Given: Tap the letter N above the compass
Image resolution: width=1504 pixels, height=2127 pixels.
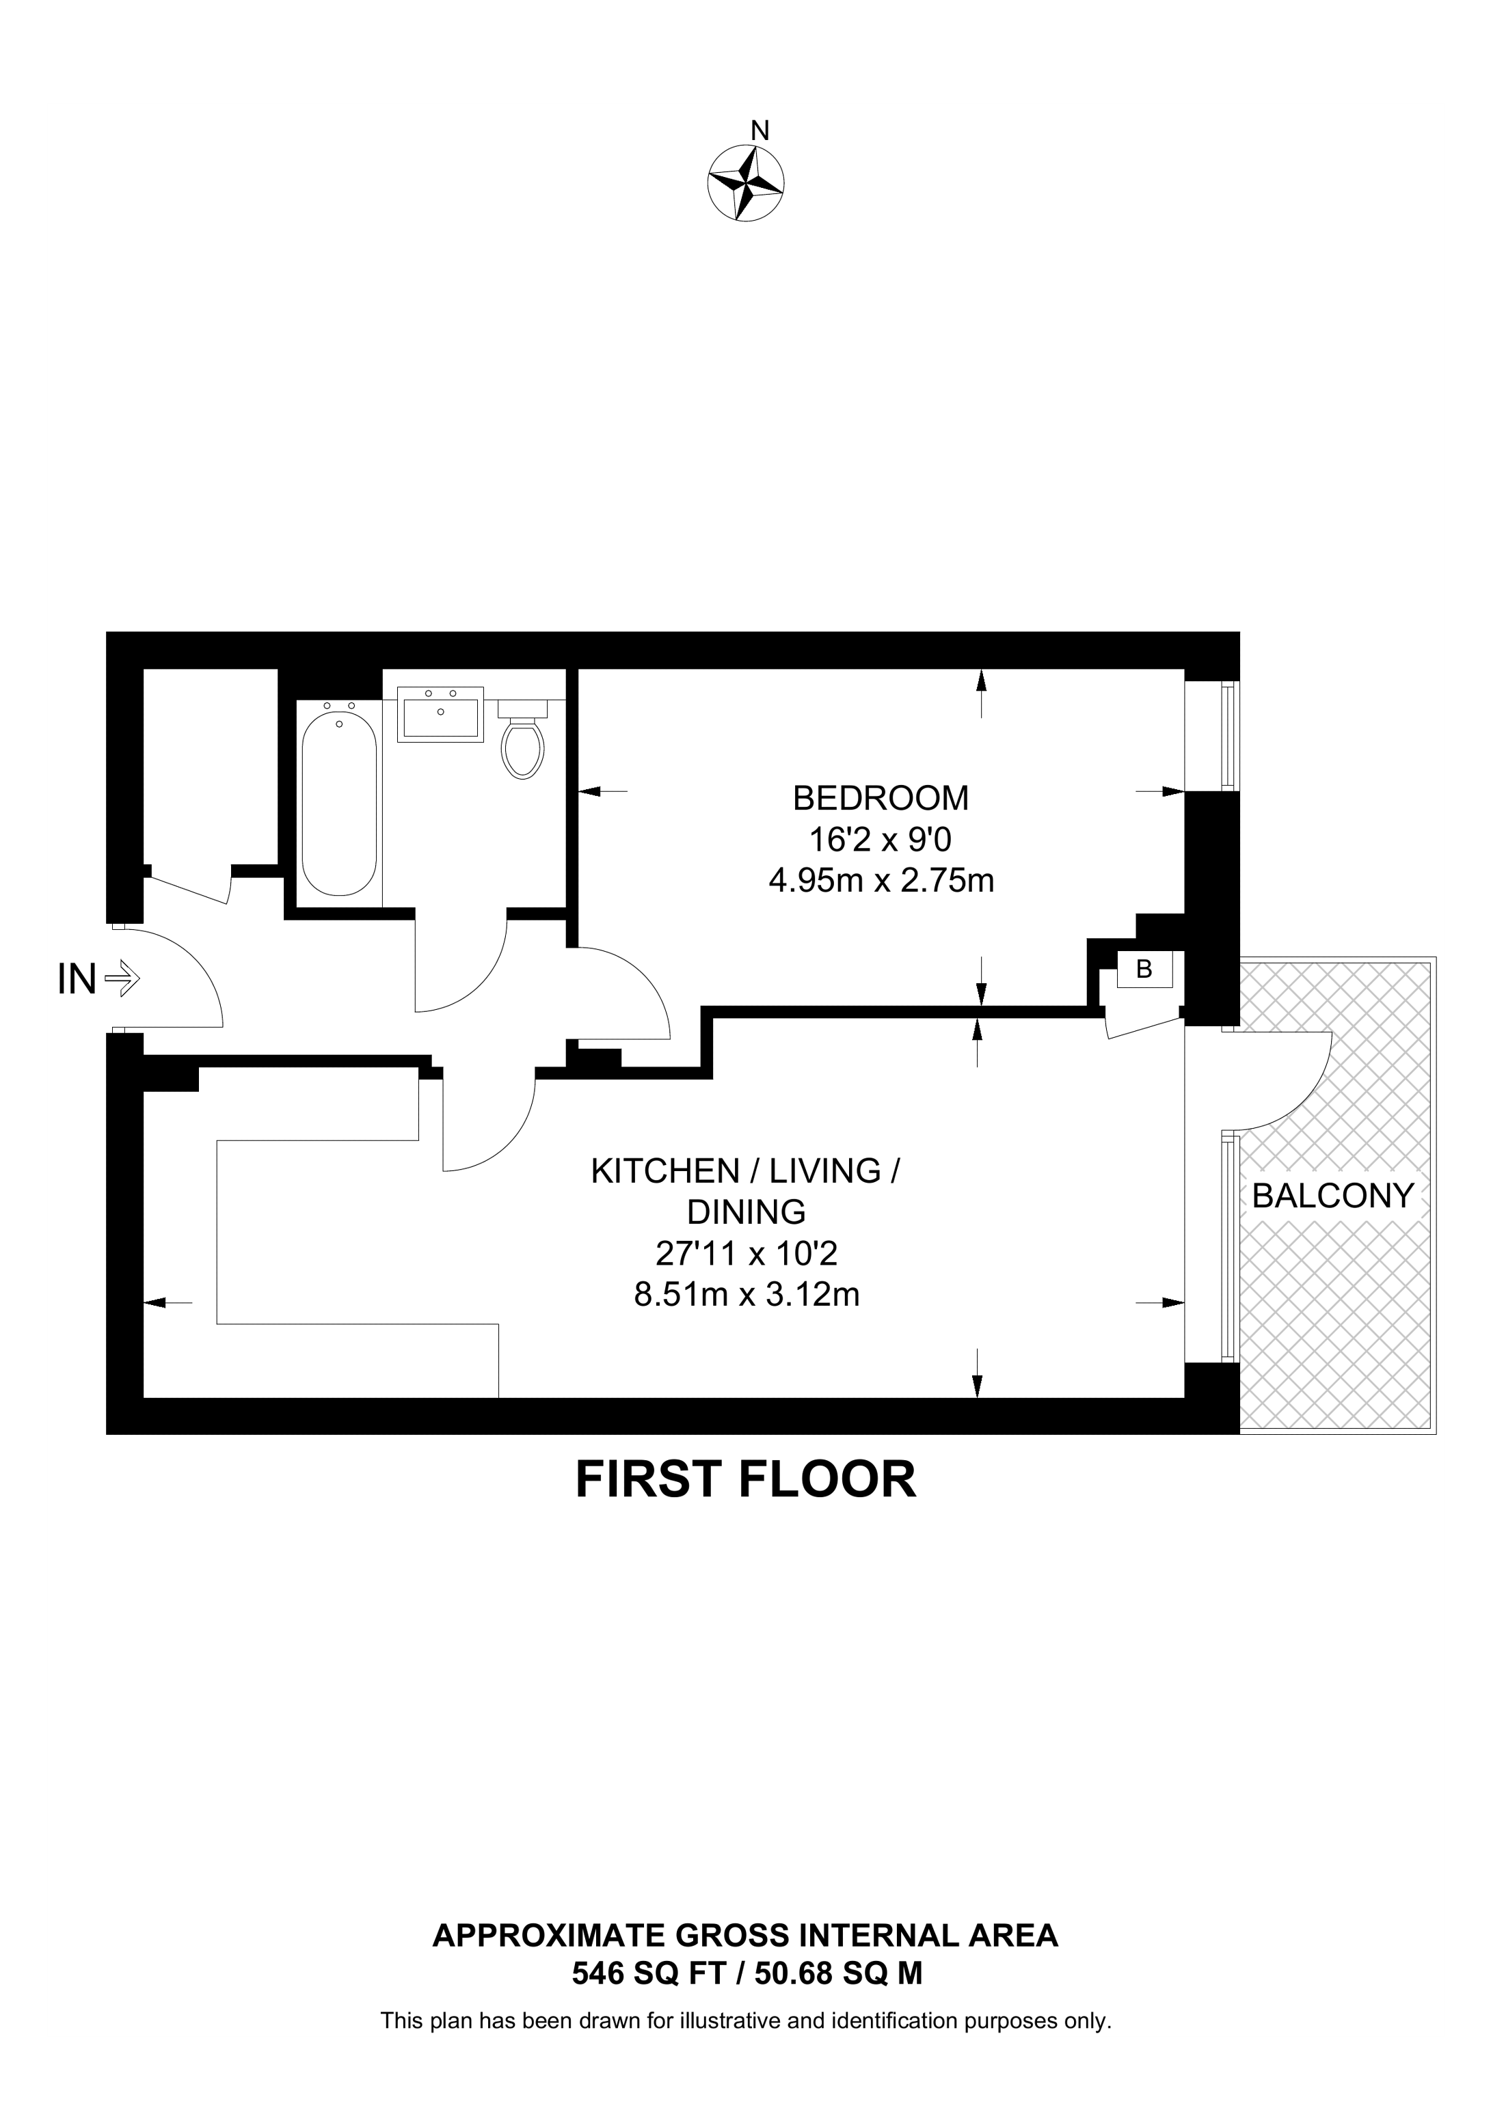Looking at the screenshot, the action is pyautogui.click(x=760, y=131).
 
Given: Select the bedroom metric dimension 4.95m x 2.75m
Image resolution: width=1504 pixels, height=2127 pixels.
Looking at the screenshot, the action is pyautogui.click(x=881, y=880).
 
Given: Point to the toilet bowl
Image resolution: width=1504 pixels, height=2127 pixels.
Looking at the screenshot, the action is pyautogui.click(x=523, y=747).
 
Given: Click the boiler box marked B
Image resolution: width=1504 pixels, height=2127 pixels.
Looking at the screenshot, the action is pyautogui.click(x=1144, y=969).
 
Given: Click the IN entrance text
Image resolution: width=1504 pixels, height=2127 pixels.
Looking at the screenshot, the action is pyautogui.click(x=77, y=978).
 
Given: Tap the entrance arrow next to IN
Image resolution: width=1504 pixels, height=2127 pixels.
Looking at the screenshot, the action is pyautogui.click(x=122, y=977).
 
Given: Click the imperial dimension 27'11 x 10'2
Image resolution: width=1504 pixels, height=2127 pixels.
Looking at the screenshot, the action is pyautogui.click(x=746, y=1253).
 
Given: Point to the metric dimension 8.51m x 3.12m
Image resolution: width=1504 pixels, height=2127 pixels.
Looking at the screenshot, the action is pyautogui.click(x=746, y=1294).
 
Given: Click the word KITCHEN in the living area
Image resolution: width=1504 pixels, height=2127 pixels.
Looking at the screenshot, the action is pyautogui.click(x=664, y=1172).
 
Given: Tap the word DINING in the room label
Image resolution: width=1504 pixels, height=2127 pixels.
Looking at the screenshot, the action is pyautogui.click(x=746, y=1211).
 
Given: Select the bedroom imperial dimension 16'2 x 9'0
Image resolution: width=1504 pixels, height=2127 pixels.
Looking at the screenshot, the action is pyautogui.click(x=881, y=839).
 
